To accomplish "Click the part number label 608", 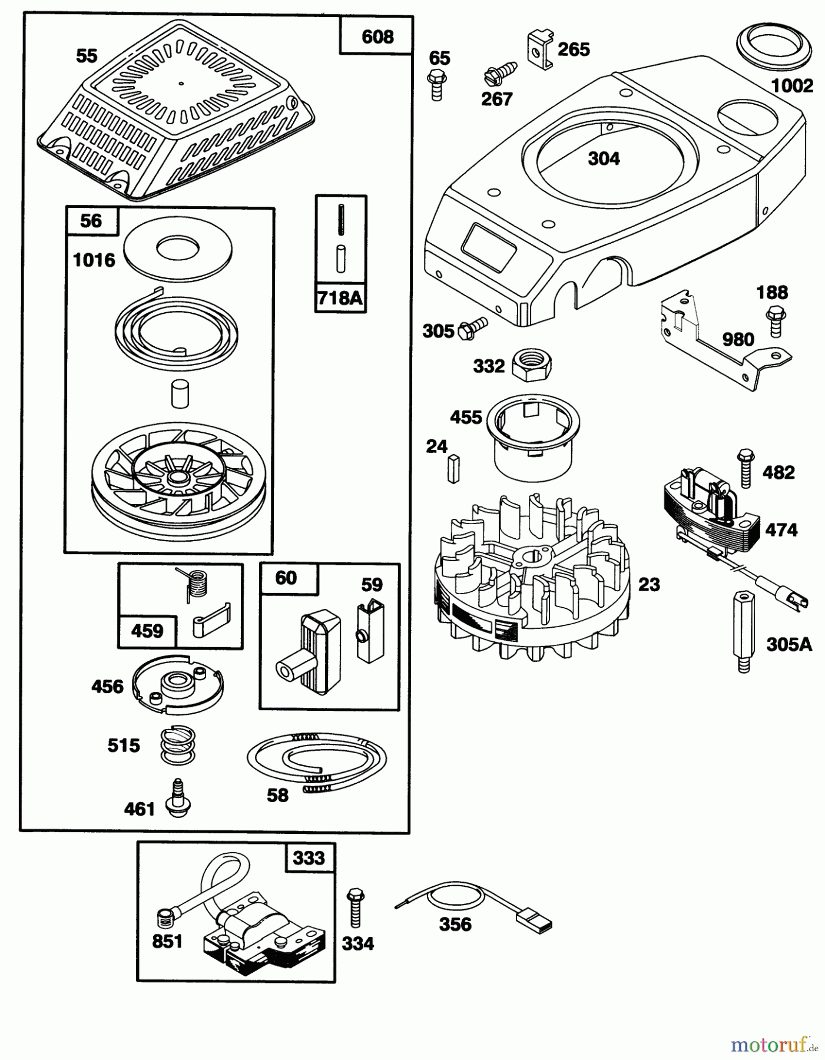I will click(377, 37).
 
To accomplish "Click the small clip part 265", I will click(538, 49).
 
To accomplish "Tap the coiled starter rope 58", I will click(317, 761).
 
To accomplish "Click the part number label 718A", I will click(340, 298).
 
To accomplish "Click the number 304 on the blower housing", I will click(604, 159).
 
